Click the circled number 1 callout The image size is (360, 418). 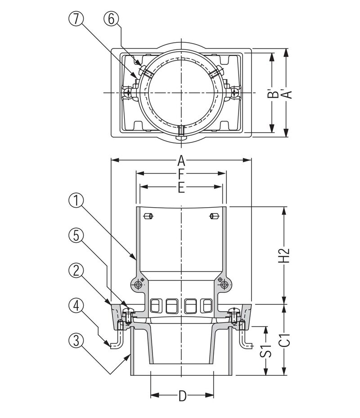pos(76,200)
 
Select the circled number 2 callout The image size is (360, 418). pos(76,270)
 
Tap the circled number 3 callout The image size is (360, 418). pos(76,341)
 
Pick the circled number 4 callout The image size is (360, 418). pos(76,306)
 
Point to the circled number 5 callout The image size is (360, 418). pos(76,235)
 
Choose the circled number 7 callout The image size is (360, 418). pos(76,19)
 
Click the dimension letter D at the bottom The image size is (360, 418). pos(182,396)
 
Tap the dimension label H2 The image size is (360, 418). pos(283,255)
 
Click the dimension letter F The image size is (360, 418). pos(181,173)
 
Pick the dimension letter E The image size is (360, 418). pos(181,187)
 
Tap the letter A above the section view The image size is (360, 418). pos(181,160)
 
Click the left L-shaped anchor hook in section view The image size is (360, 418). pos(116,341)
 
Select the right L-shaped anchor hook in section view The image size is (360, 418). pos(247,341)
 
